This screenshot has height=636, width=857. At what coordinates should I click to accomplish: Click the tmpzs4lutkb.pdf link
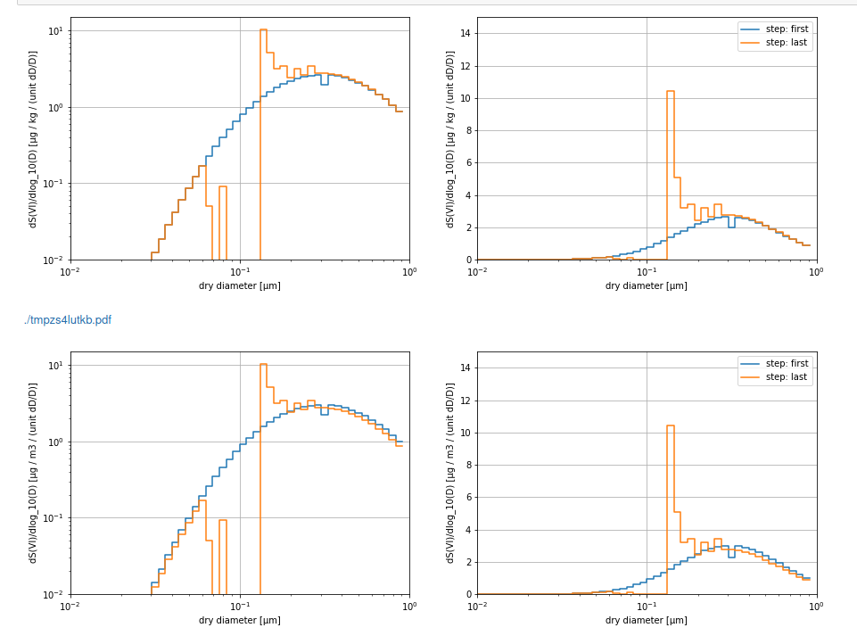click(x=68, y=320)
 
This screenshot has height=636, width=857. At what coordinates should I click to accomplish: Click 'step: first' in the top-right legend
click(x=787, y=29)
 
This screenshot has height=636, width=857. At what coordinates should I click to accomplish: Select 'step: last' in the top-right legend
click(x=786, y=42)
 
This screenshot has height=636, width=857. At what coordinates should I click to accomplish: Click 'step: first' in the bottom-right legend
click(x=787, y=364)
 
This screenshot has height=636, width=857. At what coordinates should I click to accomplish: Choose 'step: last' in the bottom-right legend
click(x=786, y=376)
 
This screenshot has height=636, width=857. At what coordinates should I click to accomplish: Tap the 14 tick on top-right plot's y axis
click(x=465, y=34)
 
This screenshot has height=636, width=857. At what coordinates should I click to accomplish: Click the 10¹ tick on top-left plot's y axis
click(x=54, y=31)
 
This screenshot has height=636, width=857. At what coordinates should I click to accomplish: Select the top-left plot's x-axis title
click(x=239, y=285)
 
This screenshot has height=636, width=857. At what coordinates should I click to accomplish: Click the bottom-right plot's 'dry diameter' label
click(x=646, y=620)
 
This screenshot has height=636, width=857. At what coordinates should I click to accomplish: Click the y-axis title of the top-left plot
click(x=33, y=138)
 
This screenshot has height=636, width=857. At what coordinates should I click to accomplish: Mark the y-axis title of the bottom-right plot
click(x=450, y=473)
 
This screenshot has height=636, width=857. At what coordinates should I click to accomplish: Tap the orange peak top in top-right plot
click(x=670, y=91)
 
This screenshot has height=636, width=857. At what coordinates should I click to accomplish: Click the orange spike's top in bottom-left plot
click(x=263, y=364)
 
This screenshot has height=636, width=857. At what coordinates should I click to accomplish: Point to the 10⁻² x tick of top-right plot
click(x=477, y=272)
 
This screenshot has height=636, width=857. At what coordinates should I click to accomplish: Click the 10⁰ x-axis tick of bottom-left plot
click(x=409, y=607)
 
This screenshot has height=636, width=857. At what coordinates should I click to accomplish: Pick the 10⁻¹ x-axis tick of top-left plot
click(x=240, y=272)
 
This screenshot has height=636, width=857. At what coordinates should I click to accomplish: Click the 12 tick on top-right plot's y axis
click(x=465, y=66)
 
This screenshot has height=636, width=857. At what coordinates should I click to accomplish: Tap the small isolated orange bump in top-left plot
click(x=222, y=186)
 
